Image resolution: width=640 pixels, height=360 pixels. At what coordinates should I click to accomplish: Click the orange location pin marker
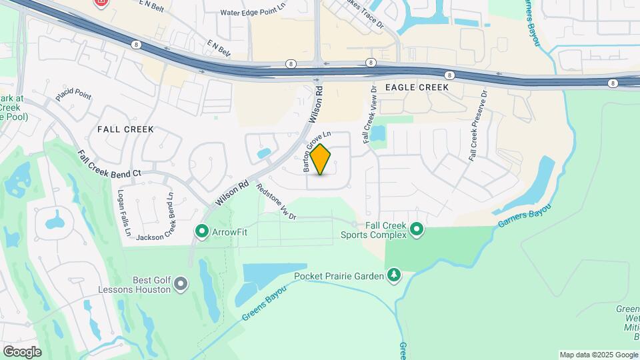point(321,159)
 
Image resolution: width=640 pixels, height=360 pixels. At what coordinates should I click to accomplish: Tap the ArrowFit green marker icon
point(201,231)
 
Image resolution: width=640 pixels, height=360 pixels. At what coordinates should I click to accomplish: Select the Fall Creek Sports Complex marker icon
point(417,230)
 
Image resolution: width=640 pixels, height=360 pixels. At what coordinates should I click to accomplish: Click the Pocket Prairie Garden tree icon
point(395,275)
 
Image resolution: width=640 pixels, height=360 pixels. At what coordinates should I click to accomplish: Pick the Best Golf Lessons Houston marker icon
point(180,285)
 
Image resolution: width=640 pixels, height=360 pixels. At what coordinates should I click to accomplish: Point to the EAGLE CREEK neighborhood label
point(421,87)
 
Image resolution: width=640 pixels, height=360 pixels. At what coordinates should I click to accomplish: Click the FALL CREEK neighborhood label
point(125,129)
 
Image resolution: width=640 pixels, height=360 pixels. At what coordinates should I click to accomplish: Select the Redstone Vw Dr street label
point(277,201)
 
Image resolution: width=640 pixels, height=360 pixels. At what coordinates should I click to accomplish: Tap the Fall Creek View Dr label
point(369,113)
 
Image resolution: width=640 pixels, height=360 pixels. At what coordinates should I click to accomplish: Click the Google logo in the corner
point(22,352)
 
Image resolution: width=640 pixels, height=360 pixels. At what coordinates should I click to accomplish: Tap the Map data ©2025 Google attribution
point(598,355)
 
